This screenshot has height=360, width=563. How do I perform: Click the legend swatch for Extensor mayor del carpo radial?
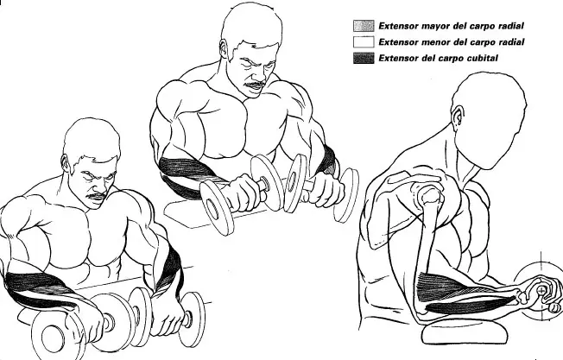pos(364,26)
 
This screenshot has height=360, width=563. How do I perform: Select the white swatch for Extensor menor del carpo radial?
pos(364,42)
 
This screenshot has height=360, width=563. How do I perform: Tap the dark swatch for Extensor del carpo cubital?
pos(364,58)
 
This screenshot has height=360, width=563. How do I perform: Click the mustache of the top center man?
pos(255,85)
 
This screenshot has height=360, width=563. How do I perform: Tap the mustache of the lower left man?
pos(98,196)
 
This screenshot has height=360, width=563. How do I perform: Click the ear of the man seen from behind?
pos(457,118)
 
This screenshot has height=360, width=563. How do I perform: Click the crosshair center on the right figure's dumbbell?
pos(541,290)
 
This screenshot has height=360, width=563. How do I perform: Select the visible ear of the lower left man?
pos(66,164)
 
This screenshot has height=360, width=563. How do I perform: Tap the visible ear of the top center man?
pos(224,49)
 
